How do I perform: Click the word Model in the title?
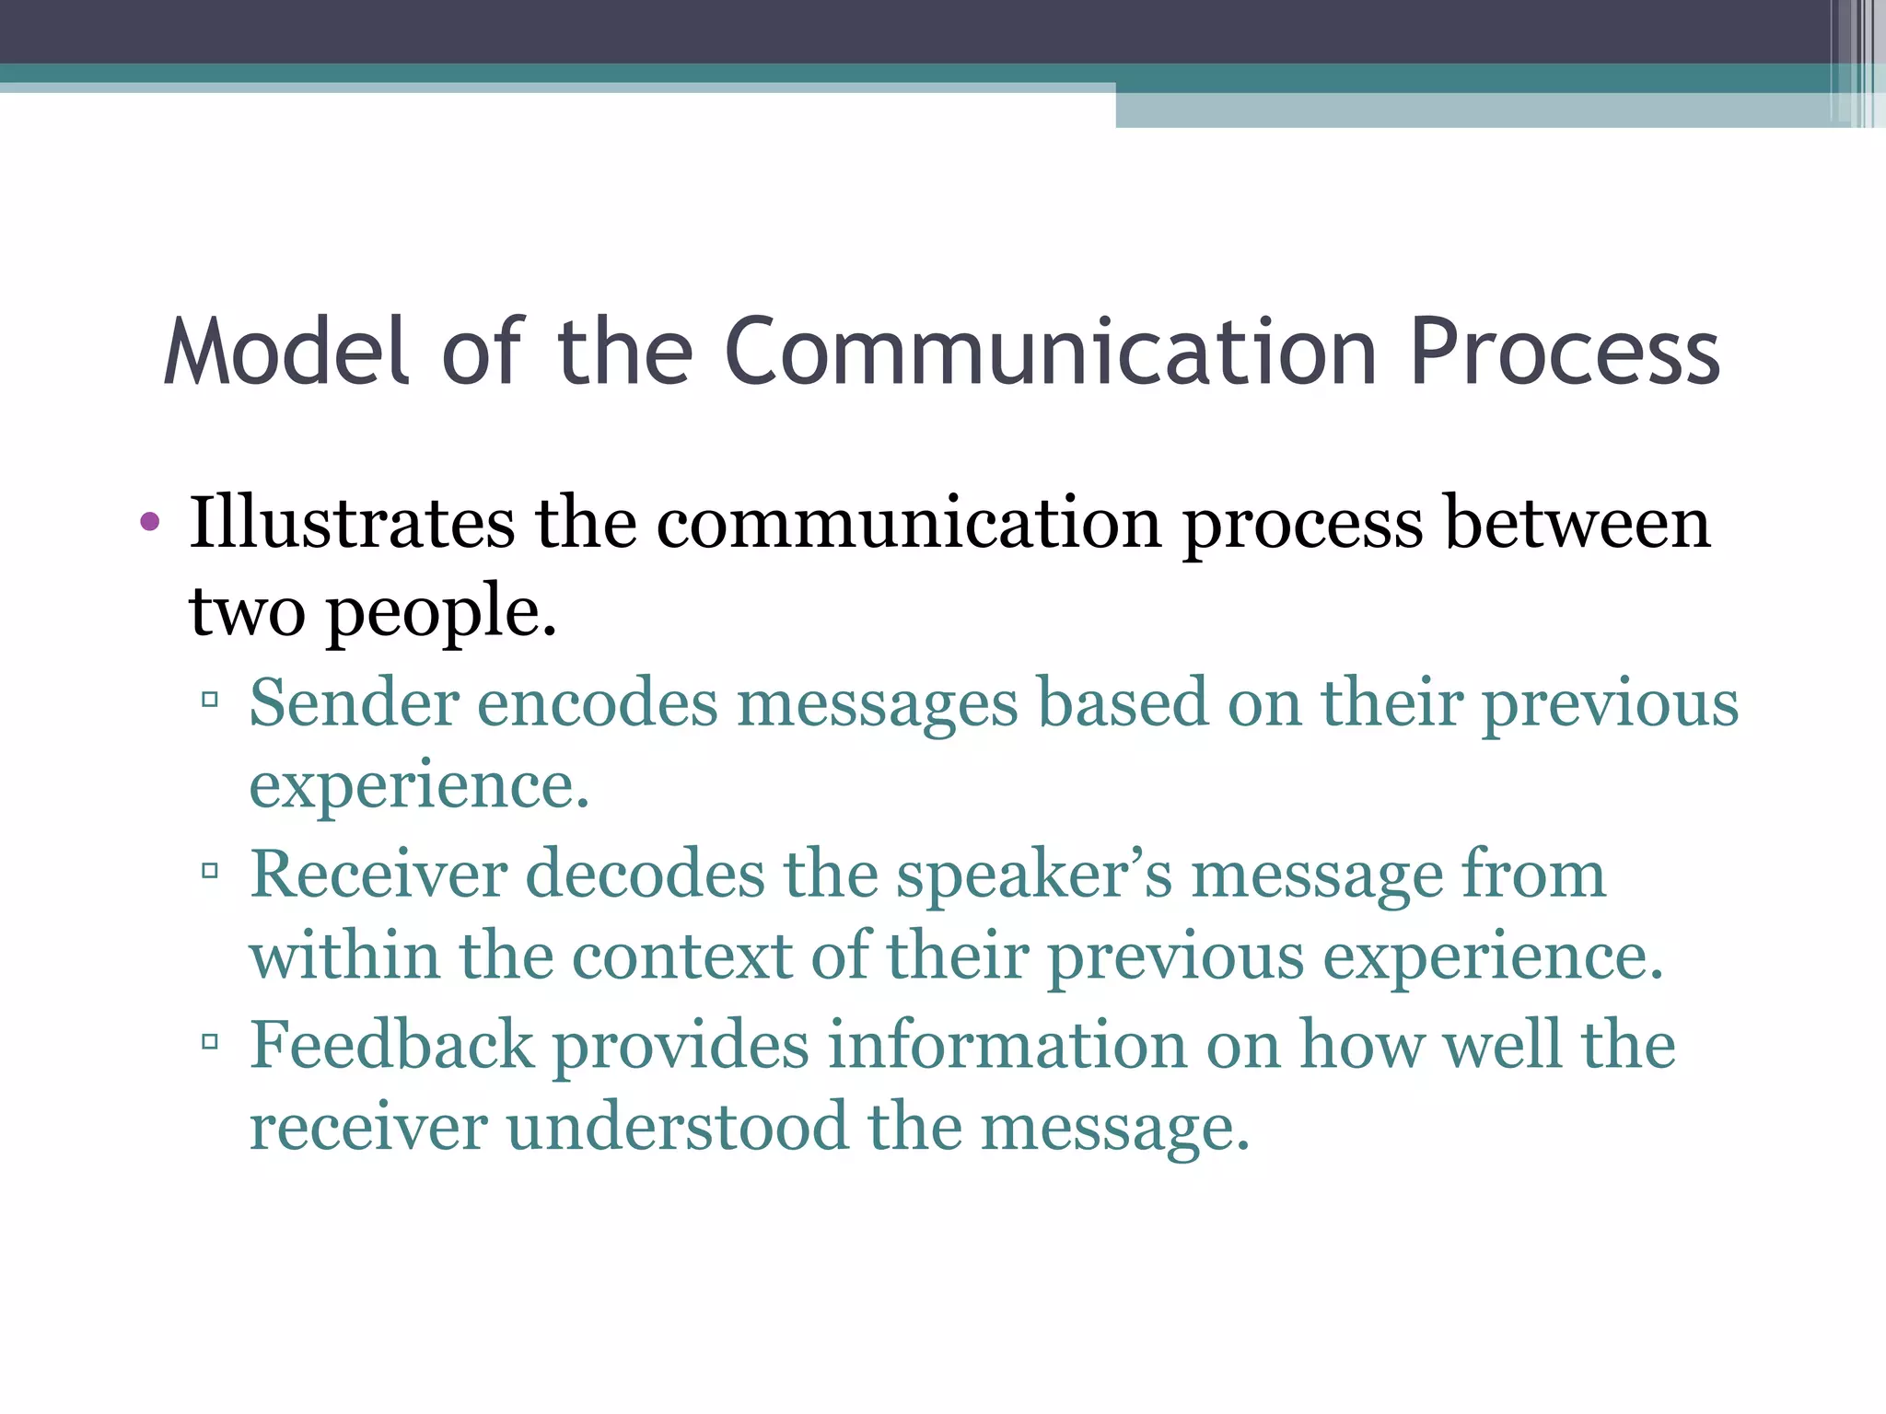(285, 352)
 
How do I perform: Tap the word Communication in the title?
(1051, 352)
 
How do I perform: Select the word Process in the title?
(1565, 352)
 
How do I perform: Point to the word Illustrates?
(351, 523)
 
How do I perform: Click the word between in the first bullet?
(1577, 523)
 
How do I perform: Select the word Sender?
(354, 703)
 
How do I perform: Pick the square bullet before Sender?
(210, 699)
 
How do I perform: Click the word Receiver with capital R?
(378, 874)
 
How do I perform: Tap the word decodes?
(645, 874)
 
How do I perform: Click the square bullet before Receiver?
(210, 869)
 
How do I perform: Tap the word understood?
(677, 1127)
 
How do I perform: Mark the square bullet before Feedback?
(210, 1041)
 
